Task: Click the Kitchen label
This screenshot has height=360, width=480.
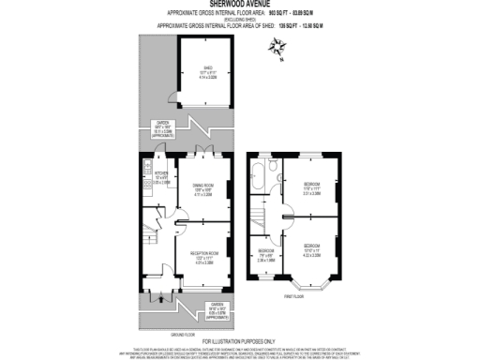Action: (x=160, y=176)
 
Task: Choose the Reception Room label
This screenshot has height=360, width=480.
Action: (x=203, y=257)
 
